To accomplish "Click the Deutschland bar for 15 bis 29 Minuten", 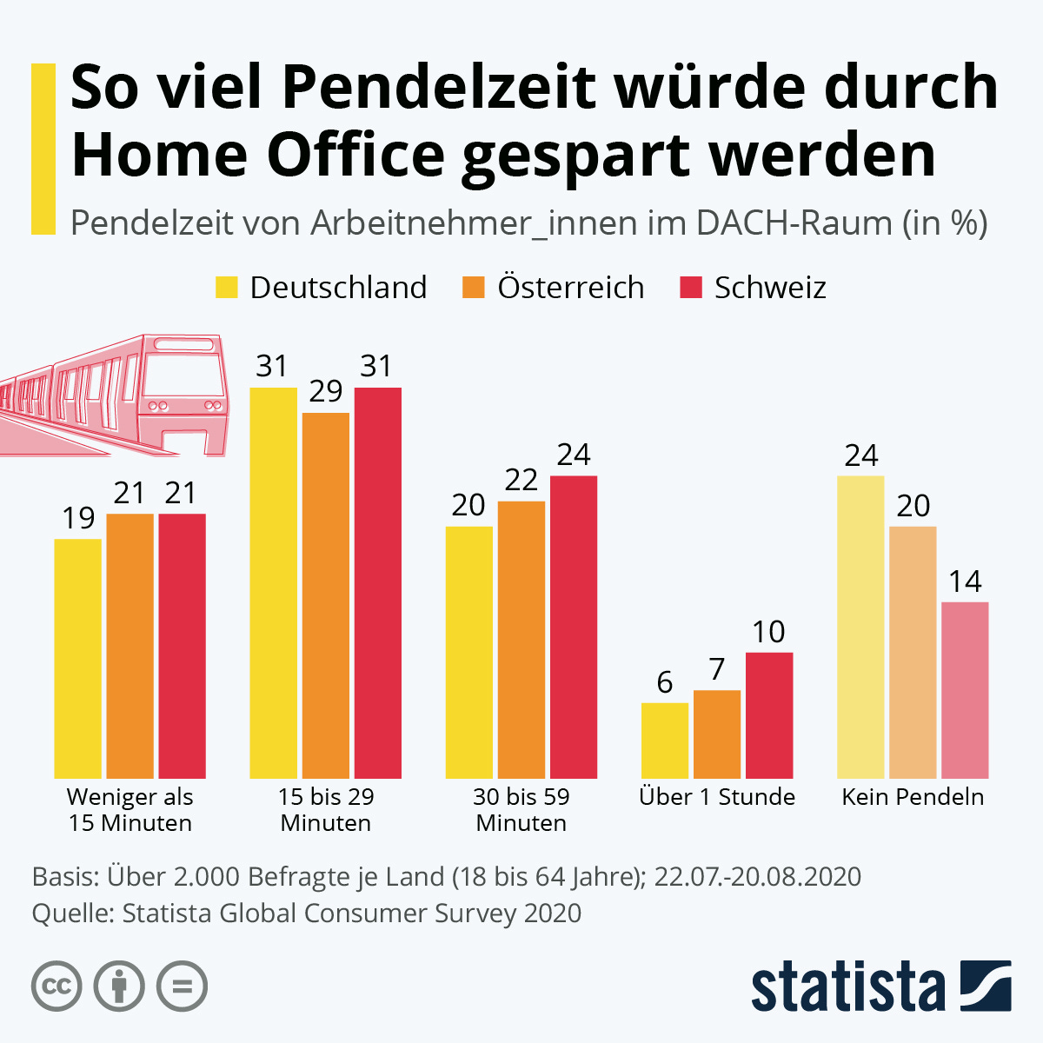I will click(x=273, y=582).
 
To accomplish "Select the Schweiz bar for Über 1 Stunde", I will click(x=769, y=714).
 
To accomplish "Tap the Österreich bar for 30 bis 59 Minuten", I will click(x=521, y=639).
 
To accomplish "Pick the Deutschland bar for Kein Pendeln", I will click(x=860, y=626).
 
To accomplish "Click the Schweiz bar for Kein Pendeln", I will click(x=965, y=689).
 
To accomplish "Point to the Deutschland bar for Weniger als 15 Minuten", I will click(x=78, y=658).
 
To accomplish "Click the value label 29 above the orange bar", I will click(x=326, y=391).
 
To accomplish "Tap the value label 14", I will click(x=965, y=581).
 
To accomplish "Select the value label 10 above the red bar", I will click(x=768, y=632).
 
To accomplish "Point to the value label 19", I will click(x=78, y=518).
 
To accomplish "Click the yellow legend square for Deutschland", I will click(x=226, y=288).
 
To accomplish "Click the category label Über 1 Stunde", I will click(x=717, y=797).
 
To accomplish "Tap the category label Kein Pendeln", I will click(x=913, y=797).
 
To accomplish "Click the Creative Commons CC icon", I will click(x=56, y=987).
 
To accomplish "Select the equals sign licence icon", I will click(x=182, y=987).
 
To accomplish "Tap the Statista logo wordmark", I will click(x=848, y=987).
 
